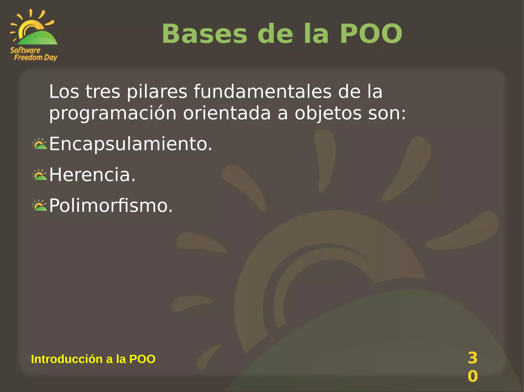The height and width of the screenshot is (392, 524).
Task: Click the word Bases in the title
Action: pyautogui.click(x=204, y=34)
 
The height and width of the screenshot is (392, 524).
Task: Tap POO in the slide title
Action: pyautogui.click(x=371, y=34)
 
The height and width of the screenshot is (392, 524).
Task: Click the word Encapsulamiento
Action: pyautogui.click(x=130, y=144)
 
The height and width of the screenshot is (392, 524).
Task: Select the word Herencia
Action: pyautogui.click(x=92, y=175)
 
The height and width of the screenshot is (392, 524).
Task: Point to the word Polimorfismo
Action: pyautogui.click(x=111, y=206)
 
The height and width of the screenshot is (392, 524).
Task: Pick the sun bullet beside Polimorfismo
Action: pyautogui.click(x=40, y=206)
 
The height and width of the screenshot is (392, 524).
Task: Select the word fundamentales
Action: pyautogui.click(x=263, y=92)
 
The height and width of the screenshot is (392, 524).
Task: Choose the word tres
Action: pyautogui.click(x=103, y=92)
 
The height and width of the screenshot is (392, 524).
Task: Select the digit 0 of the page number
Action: pyautogui.click(x=473, y=376)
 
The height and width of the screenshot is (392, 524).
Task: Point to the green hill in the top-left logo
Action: pyautogui.click(x=38, y=38)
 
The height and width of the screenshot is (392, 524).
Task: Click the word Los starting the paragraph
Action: pyautogui.click(x=64, y=92)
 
